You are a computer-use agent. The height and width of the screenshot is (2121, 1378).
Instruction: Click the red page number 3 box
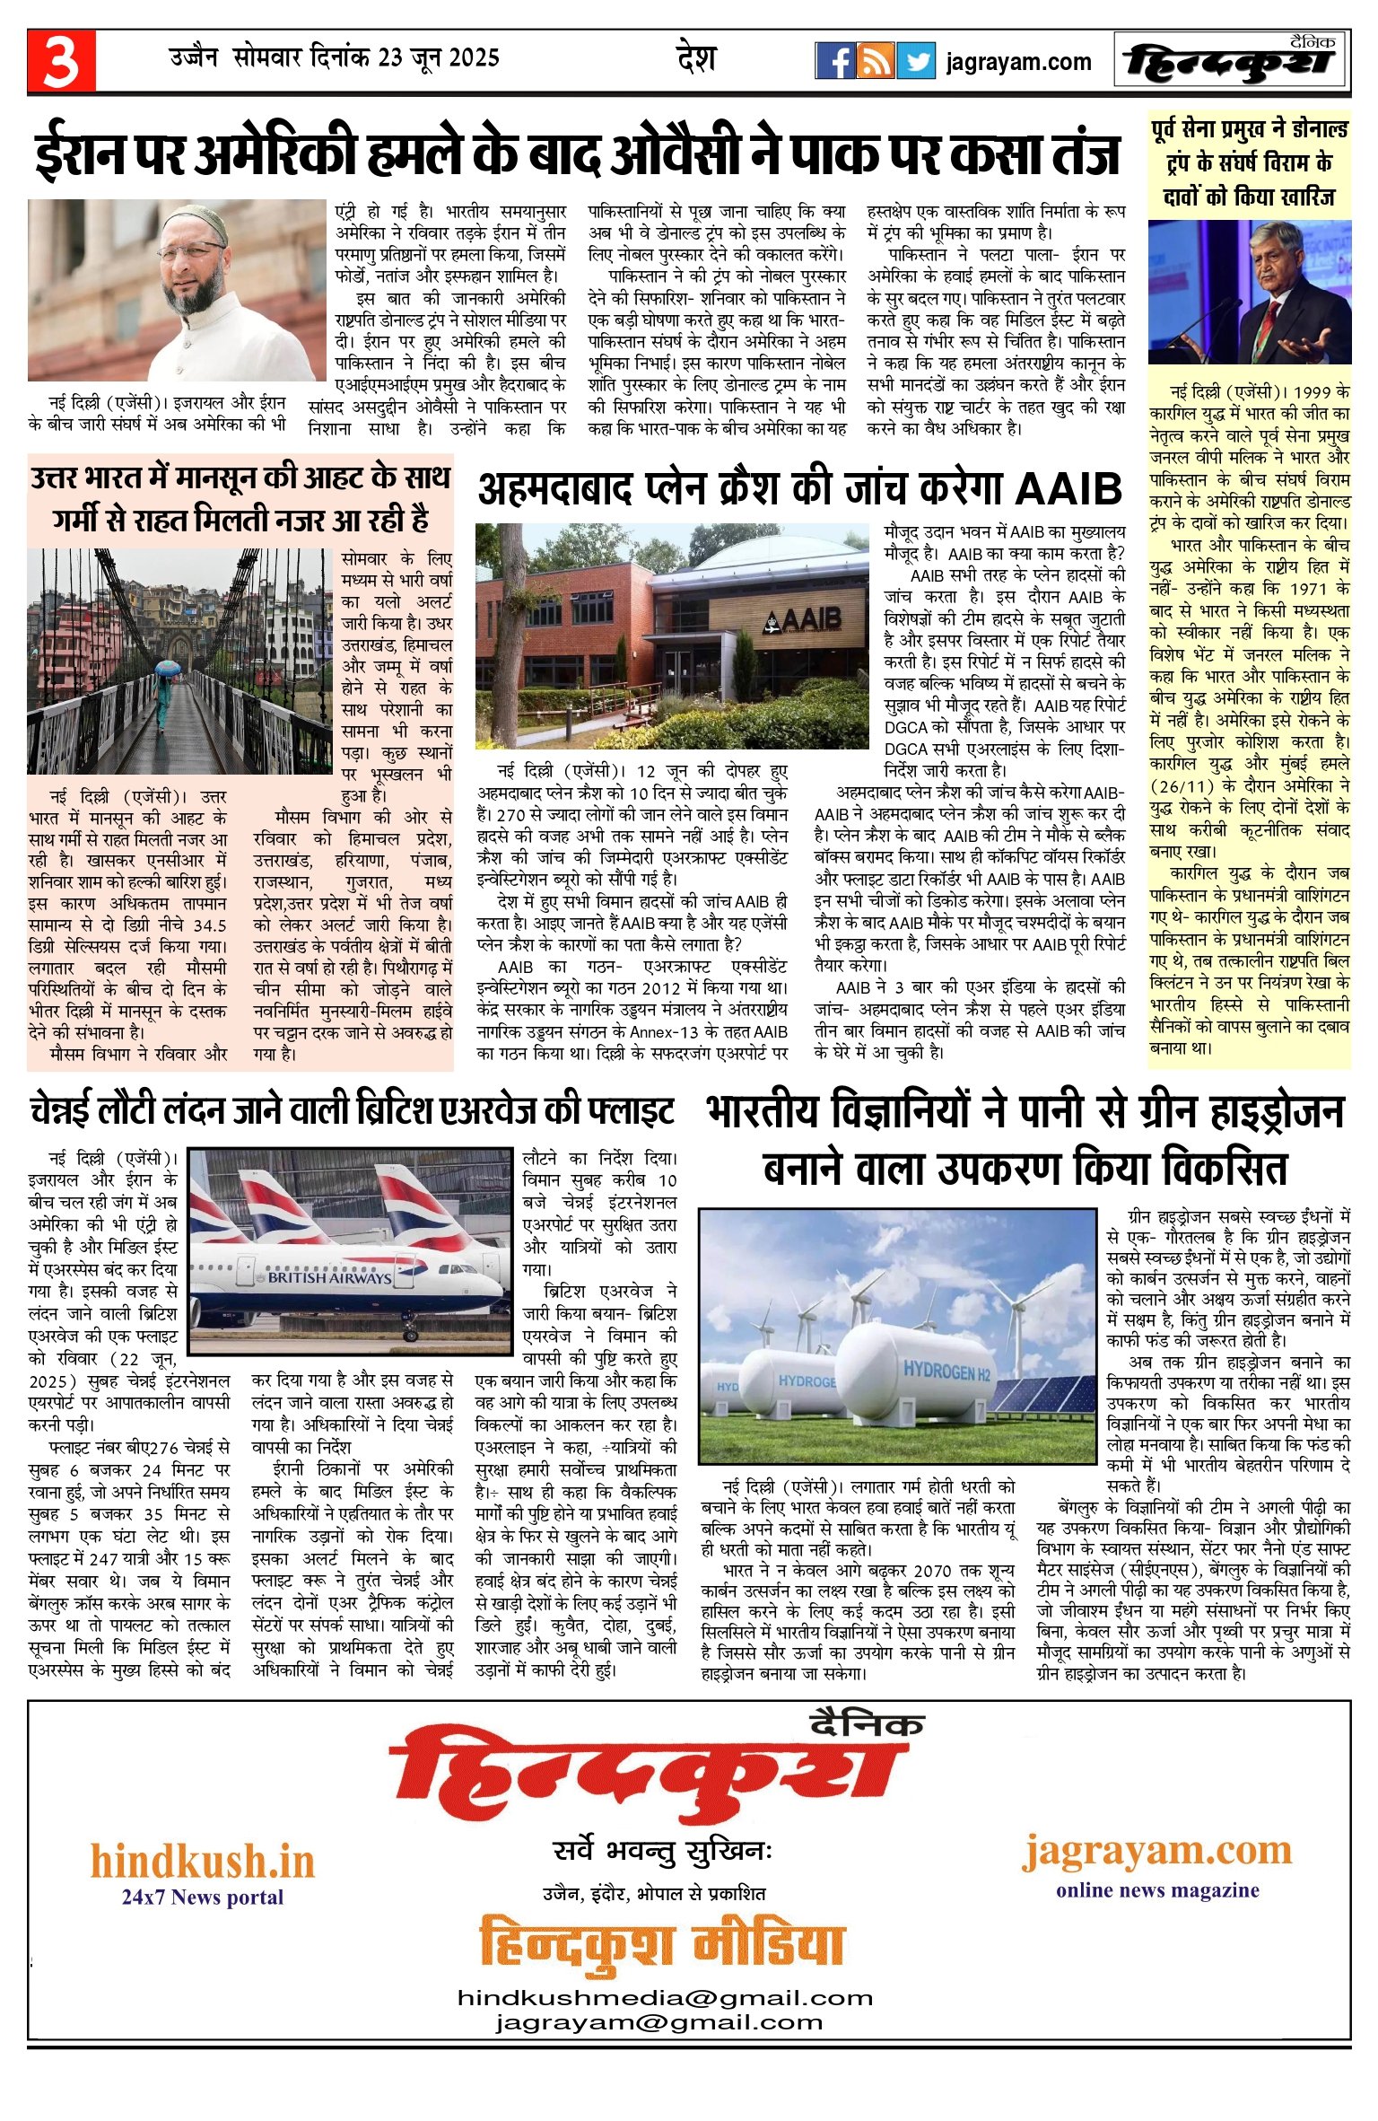pyautogui.click(x=61, y=61)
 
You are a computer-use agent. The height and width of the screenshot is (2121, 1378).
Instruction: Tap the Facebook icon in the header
pyautogui.click(x=834, y=61)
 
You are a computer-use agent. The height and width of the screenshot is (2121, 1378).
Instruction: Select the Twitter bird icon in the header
pyautogui.click(x=916, y=61)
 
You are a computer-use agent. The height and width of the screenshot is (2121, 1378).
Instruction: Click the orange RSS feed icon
pyautogui.click(x=875, y=61)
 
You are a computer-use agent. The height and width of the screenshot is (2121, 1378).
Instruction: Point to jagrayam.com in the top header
pyautogui.click(x=1018, y=62)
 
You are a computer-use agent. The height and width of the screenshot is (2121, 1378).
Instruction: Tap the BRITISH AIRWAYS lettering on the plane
pyautogui.click(x=329, y=1276)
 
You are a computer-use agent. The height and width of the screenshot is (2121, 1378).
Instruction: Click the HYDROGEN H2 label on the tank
pyautogui.click(x=946, y=1371)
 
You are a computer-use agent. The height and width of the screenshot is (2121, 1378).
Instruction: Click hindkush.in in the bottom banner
pyautogui.click(x=203, y=1862)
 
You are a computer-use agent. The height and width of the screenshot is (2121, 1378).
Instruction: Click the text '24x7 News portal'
pyautogui.click(x=203, y=1897)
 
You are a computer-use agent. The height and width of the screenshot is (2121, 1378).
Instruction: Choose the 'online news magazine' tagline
pyautogui.click(x=1157, y=1889)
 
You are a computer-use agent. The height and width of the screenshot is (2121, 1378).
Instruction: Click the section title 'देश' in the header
pyautogui.click(x=696, y=58)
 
